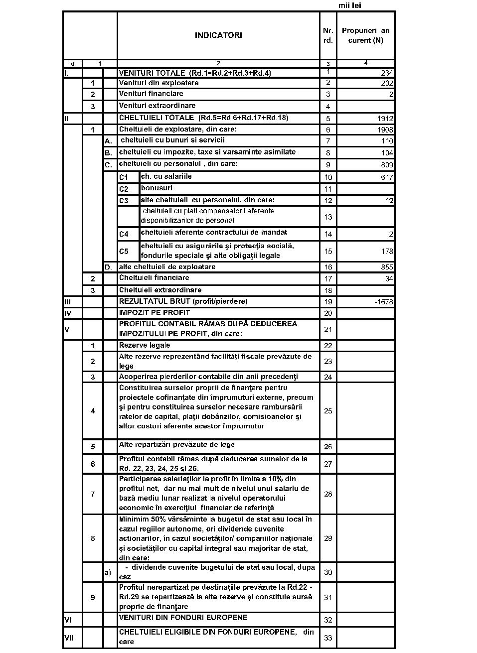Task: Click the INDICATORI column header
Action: [x=218, y=35]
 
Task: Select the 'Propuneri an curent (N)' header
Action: [x=365, y=35]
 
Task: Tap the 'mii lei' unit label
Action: [x=349, y=5]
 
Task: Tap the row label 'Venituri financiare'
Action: [x=151, y=94]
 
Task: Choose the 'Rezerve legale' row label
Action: [x=145, y=345]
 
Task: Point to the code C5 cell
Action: [x=124, y=252]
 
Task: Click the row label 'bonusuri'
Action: [x=157, y=188]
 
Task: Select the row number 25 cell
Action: [x=328, y=411]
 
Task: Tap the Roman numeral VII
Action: [x=69, y=638]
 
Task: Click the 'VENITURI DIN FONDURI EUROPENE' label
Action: [x=183, y=618]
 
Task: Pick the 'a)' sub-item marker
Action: [x=108, y=572]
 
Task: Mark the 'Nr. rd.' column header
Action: [x=328, y=35]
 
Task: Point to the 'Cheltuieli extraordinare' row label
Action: [x=160, y=290]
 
